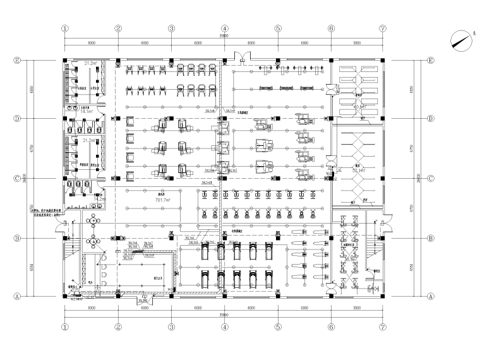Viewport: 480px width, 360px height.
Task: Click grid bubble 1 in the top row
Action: [x=64, y=28]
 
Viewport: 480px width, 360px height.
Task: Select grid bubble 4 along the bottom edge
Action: [x=224, y=328]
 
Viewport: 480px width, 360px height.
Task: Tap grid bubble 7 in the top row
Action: [x=383, y=28]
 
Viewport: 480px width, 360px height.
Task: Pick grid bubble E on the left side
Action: [x=18, y=61]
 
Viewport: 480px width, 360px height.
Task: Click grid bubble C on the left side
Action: [x=18, y=178]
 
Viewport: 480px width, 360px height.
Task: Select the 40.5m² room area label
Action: [x=361, y=107]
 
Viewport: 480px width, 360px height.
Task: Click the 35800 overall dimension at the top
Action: [x=224, y=36]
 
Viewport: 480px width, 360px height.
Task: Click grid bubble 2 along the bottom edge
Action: [x=117, y=328]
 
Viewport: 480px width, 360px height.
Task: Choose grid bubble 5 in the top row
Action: [x=277, y=28]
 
